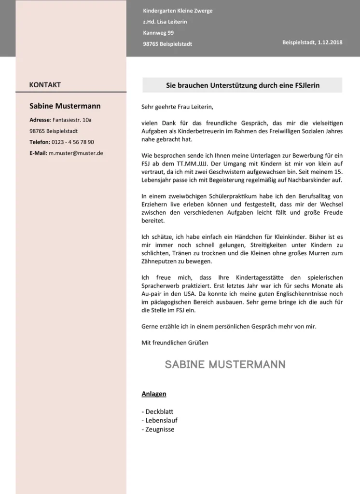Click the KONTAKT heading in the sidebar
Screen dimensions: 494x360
(x=45, y=85)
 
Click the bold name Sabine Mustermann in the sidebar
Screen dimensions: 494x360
(x=65, y=106)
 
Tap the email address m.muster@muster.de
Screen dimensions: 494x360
(x=76, y=153)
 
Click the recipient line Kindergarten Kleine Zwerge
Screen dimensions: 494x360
(x=178, y=11)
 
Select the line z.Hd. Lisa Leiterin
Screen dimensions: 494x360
(x=165, y=22)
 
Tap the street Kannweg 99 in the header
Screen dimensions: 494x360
(x=158, y=33)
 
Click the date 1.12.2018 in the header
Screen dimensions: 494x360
(x=330, y=42)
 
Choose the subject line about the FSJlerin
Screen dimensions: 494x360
(x=243, y=85)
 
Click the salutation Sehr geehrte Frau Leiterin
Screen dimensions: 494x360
(x=177, y=107)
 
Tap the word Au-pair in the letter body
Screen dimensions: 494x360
(x=152, y=293)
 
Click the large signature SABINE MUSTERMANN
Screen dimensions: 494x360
(x=225, y=365)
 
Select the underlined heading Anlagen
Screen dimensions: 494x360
(x=153, y=394)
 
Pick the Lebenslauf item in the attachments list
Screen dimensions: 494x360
(x=161, y=420)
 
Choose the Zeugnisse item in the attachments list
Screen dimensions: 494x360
(x=159, y=429)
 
